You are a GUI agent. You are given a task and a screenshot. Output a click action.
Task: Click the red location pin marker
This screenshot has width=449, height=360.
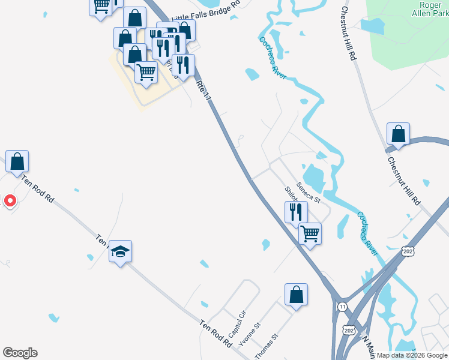coord(10,200)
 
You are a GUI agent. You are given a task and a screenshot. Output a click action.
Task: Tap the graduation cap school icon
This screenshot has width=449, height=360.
coord(120,252)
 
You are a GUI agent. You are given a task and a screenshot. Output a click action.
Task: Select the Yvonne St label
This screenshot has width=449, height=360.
coord(250,334)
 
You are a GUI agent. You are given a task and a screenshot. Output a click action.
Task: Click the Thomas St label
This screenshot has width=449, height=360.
coord(267,347)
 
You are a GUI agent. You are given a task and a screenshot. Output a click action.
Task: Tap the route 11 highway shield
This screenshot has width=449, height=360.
coord(342,306)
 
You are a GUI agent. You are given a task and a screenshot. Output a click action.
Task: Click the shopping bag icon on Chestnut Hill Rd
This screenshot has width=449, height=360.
coord(397,134)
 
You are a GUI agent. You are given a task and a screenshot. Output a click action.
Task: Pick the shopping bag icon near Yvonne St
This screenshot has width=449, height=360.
coord(296,295)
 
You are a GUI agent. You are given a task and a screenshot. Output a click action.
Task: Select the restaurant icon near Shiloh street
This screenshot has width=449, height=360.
coord(296,211)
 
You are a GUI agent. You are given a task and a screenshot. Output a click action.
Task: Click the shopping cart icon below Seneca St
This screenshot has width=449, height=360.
coord(310,233)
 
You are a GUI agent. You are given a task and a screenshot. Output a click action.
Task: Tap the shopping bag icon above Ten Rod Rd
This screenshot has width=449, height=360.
coord(17,161)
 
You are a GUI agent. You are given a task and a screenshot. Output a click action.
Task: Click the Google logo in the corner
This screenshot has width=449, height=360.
coord(20,353)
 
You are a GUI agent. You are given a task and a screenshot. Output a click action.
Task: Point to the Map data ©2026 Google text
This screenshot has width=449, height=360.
coord(412,355)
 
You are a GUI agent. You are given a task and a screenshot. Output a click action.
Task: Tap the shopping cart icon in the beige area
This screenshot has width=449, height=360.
coord(146,73)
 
